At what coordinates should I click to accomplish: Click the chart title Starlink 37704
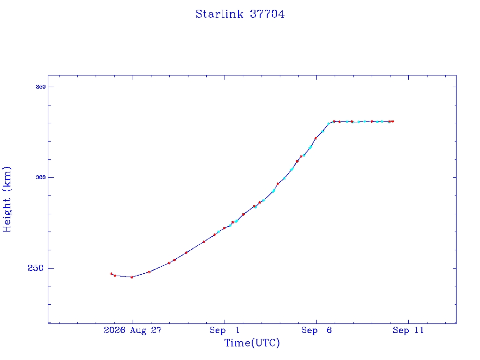(x=240, y=14)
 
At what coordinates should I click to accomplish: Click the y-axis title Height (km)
(x=7, y=199)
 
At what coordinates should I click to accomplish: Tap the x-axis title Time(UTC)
(x=252, y=343)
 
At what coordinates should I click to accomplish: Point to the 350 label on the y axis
(x=41, y=87)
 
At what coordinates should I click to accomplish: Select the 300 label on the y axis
(x=41, y=177)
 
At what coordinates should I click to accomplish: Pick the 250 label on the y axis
(x=36, y=268)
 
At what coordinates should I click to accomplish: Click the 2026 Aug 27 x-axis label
(x=133, y=330)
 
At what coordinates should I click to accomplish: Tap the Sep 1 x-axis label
(x=225, y=330)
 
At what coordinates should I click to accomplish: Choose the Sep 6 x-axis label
(x=316, y=330)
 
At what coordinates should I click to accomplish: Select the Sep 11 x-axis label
(x=408, y=330)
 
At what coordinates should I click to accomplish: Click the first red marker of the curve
(x=111, y=274)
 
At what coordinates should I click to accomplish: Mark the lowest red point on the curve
(x=132, y=277)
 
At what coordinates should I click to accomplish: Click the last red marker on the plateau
(x=393, y=121)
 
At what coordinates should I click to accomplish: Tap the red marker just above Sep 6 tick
(x=315, y=138)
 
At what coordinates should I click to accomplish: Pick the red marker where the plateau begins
(x=334, y=121)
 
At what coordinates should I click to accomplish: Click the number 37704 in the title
(x=267, y=14)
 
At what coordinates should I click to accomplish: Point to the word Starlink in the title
(x=219, y=14)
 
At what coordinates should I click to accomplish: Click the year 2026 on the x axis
(x=114, y=330)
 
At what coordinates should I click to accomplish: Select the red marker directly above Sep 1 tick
(x=225, y=228)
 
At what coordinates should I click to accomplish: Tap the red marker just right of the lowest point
(x=149, y=272)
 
